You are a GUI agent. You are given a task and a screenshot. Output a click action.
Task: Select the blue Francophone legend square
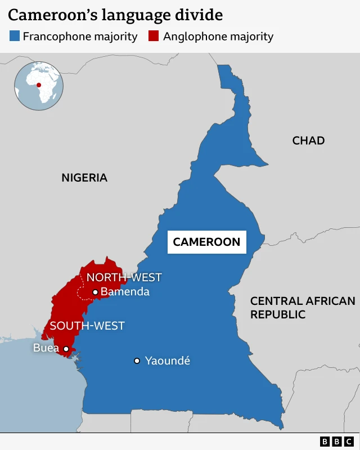click(x=15, y=37)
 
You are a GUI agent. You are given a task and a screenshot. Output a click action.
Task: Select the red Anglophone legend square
click(x=153, y=37)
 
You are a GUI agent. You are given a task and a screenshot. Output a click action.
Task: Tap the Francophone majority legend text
click(x=80, y=37)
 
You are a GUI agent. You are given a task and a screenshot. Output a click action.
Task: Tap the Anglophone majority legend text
click(x=218, y=37)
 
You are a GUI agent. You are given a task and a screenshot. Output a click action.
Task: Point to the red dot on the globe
click(x=39, y=85)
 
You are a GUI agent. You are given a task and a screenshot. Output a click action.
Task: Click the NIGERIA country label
click(x=84, y=178)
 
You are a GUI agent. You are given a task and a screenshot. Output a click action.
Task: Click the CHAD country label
click(x=308, y=141)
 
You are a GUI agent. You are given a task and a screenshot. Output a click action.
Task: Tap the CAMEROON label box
click(x=206, y=242)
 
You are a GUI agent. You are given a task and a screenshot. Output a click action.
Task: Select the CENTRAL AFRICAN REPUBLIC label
click(x=303, y=308)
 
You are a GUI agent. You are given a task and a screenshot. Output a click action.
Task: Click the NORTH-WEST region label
click(x=124, y=277)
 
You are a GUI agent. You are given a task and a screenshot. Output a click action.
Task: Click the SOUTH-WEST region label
click(x=87, y=326)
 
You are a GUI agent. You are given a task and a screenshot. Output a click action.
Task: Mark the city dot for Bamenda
click(x=95, y=292)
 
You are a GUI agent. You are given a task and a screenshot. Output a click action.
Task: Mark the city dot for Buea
click(x=66, y=349)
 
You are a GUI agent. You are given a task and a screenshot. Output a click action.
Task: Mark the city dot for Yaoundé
click(x=137, y=361)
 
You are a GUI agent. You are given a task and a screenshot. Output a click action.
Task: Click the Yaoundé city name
click(x=168, y=361)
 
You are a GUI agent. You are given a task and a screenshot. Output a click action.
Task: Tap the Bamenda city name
click(x=125, y=292)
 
